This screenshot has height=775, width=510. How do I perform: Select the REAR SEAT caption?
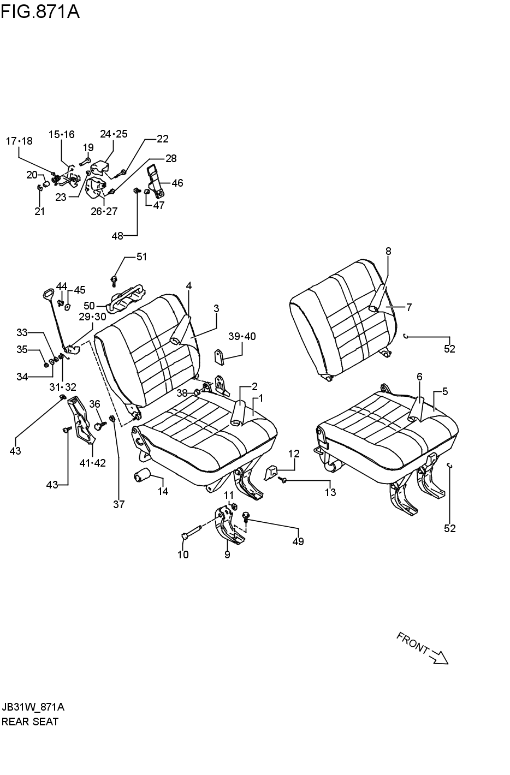click(x=30, y=722)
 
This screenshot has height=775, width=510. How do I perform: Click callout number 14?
click(x=163, y=491)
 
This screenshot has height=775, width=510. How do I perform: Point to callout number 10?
click(x=183, y=555)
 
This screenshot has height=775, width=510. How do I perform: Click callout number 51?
click(x=141, y=257)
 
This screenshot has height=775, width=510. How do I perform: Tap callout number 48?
click(x=117, y=236)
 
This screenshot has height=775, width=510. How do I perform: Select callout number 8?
click(x=388, y=251)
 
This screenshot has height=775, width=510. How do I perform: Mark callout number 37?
click(x=118, y=504)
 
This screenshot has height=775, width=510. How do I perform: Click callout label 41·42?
click(x=92, y=463)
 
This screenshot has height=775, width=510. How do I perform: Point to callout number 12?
click(x=294, y=453)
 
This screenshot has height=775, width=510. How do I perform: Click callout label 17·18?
click(x=19, y=141)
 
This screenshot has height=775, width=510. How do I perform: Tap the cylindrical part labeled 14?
click(x=142, y=476)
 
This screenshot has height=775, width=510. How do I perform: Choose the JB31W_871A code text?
click(x=33, y=707)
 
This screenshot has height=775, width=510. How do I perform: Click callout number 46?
click(x=177, y=183)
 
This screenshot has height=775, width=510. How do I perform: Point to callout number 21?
click(x=39, y=211)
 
